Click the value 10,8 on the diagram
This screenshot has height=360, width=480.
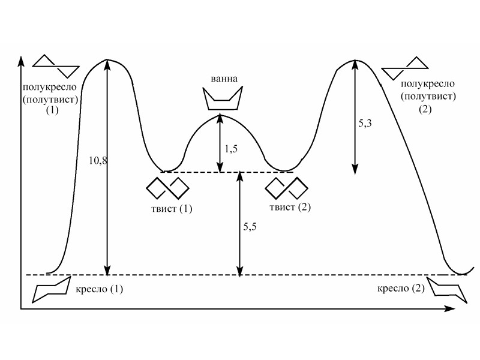[97, 161]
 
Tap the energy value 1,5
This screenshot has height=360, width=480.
[231, 148]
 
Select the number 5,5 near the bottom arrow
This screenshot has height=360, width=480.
[251, 227]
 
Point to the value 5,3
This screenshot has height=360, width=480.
[365, 124]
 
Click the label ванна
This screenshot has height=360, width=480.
[223, 79]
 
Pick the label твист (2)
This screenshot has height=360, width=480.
[289, 208]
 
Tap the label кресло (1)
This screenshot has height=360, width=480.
[100, 289]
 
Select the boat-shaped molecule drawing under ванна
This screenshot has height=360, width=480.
[223, 98]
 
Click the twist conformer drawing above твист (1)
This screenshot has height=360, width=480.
[168, 187]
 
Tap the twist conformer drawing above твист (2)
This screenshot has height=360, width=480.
[286, 187]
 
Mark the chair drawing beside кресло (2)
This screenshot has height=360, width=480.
[447, 289]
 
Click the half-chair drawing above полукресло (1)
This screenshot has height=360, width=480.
[56, 65]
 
